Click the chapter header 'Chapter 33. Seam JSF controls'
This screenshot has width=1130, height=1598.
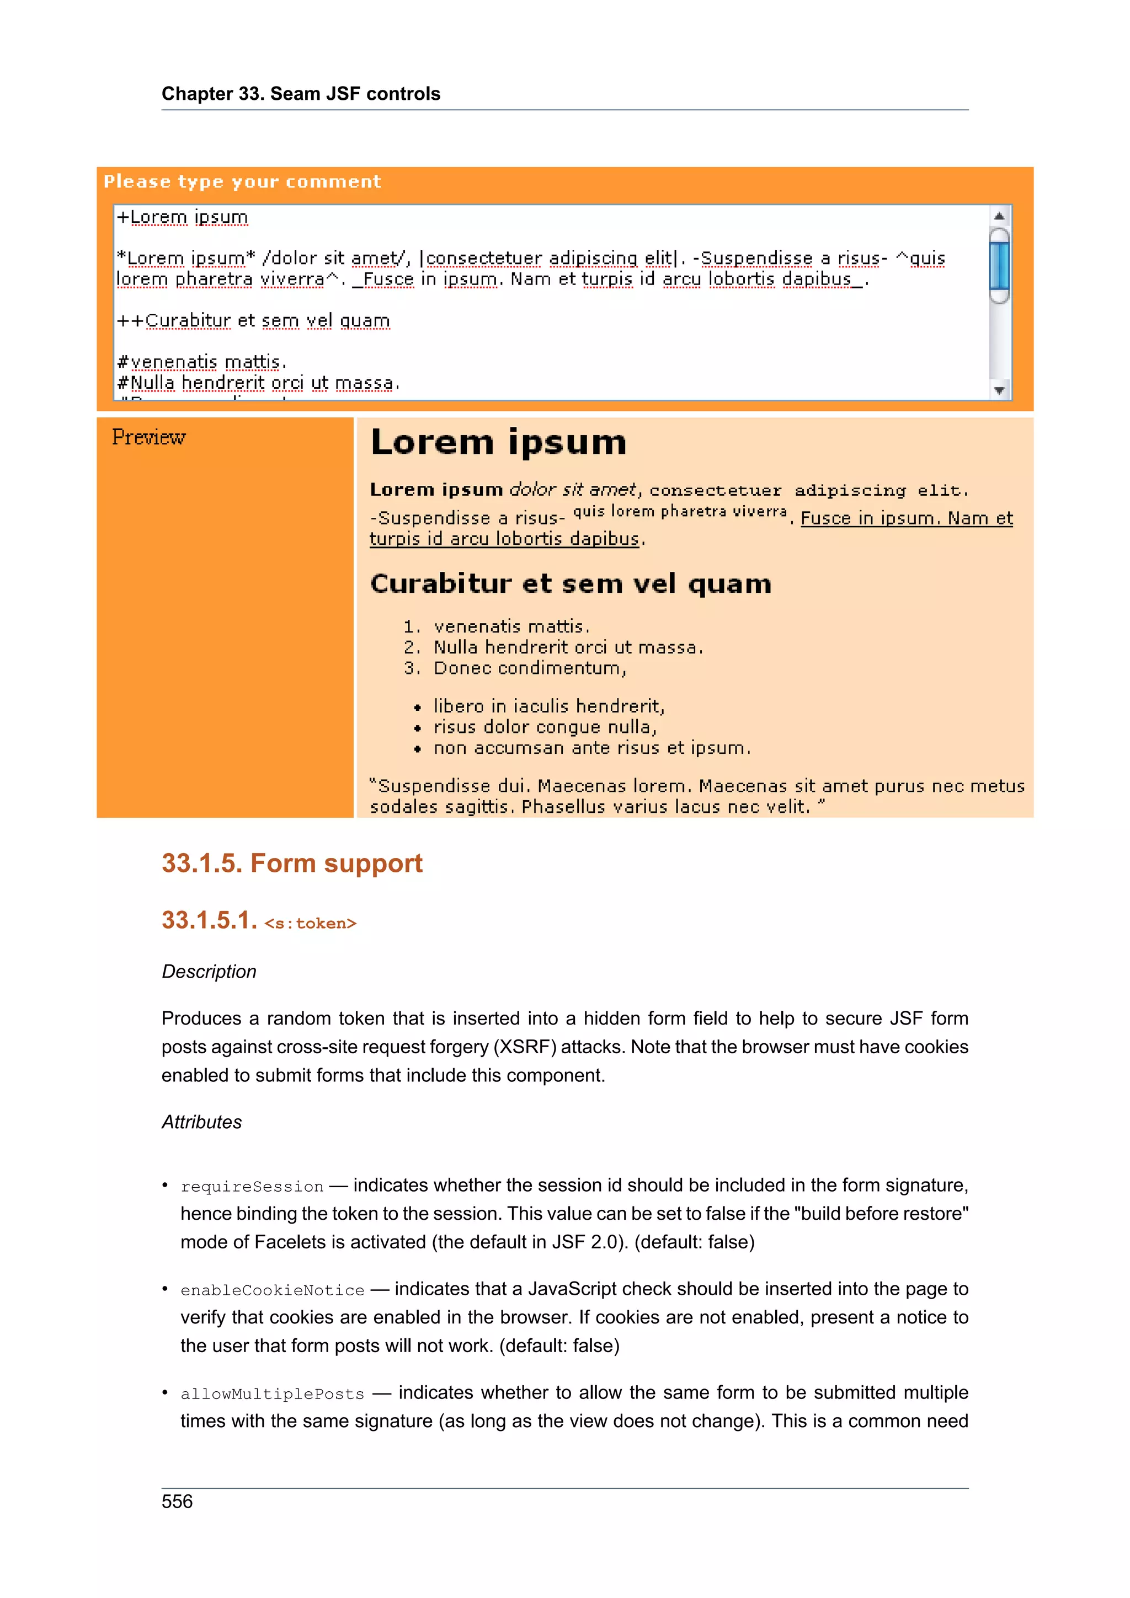301,94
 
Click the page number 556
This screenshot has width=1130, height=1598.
177,1502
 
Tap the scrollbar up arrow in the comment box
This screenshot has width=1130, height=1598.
999,216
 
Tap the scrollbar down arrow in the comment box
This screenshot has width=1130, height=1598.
999,390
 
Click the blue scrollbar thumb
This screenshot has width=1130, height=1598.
999,266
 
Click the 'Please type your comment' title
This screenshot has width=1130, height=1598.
242,181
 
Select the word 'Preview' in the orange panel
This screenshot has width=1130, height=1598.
148,437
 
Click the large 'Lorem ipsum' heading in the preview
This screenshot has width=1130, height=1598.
498,443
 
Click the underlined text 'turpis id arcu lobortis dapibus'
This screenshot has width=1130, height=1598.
504,539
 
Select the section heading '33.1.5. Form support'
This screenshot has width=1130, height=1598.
292,863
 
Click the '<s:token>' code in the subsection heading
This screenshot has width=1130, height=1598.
310,923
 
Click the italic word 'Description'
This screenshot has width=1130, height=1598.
209,972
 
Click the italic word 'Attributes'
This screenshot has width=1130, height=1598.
202,1122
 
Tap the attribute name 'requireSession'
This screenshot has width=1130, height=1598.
252,1187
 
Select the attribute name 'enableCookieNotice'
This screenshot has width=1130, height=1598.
272,1290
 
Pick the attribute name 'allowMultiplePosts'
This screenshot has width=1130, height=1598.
272,1394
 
